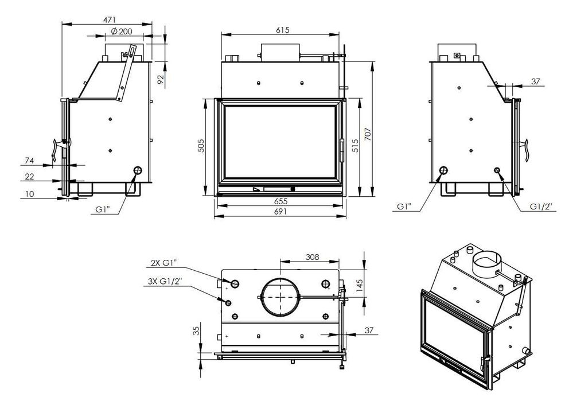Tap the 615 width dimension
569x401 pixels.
pyautogui.click(x=282, y=30)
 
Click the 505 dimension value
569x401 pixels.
pyautogui.click(x=201, y=145)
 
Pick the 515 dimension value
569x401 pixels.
pyautogui.click(x=355, y=145)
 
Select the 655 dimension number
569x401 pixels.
pyautogui.click(x=280, y=201)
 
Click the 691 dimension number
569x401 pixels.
pyautogui.click(x=280, y=212)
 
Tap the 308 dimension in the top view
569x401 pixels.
pyautogui.click(x=312, y=257)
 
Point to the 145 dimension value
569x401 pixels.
pyautogui.click(x=360, y=286)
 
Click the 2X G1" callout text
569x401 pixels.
pyautogui.click(x=163, y=263)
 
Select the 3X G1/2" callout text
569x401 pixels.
pyautogui.click(x=165, y=281)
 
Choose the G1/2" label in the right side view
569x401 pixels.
pyautogui.click(x=541, y=207)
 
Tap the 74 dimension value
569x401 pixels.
pyautogui.click(x=29, y=161)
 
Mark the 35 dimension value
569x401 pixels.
pyautogui.click(x=196, y=331)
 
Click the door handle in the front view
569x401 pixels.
pyautogui.click(x=342, y=151)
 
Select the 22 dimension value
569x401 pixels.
pyautogui.click(x=29, y=176)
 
